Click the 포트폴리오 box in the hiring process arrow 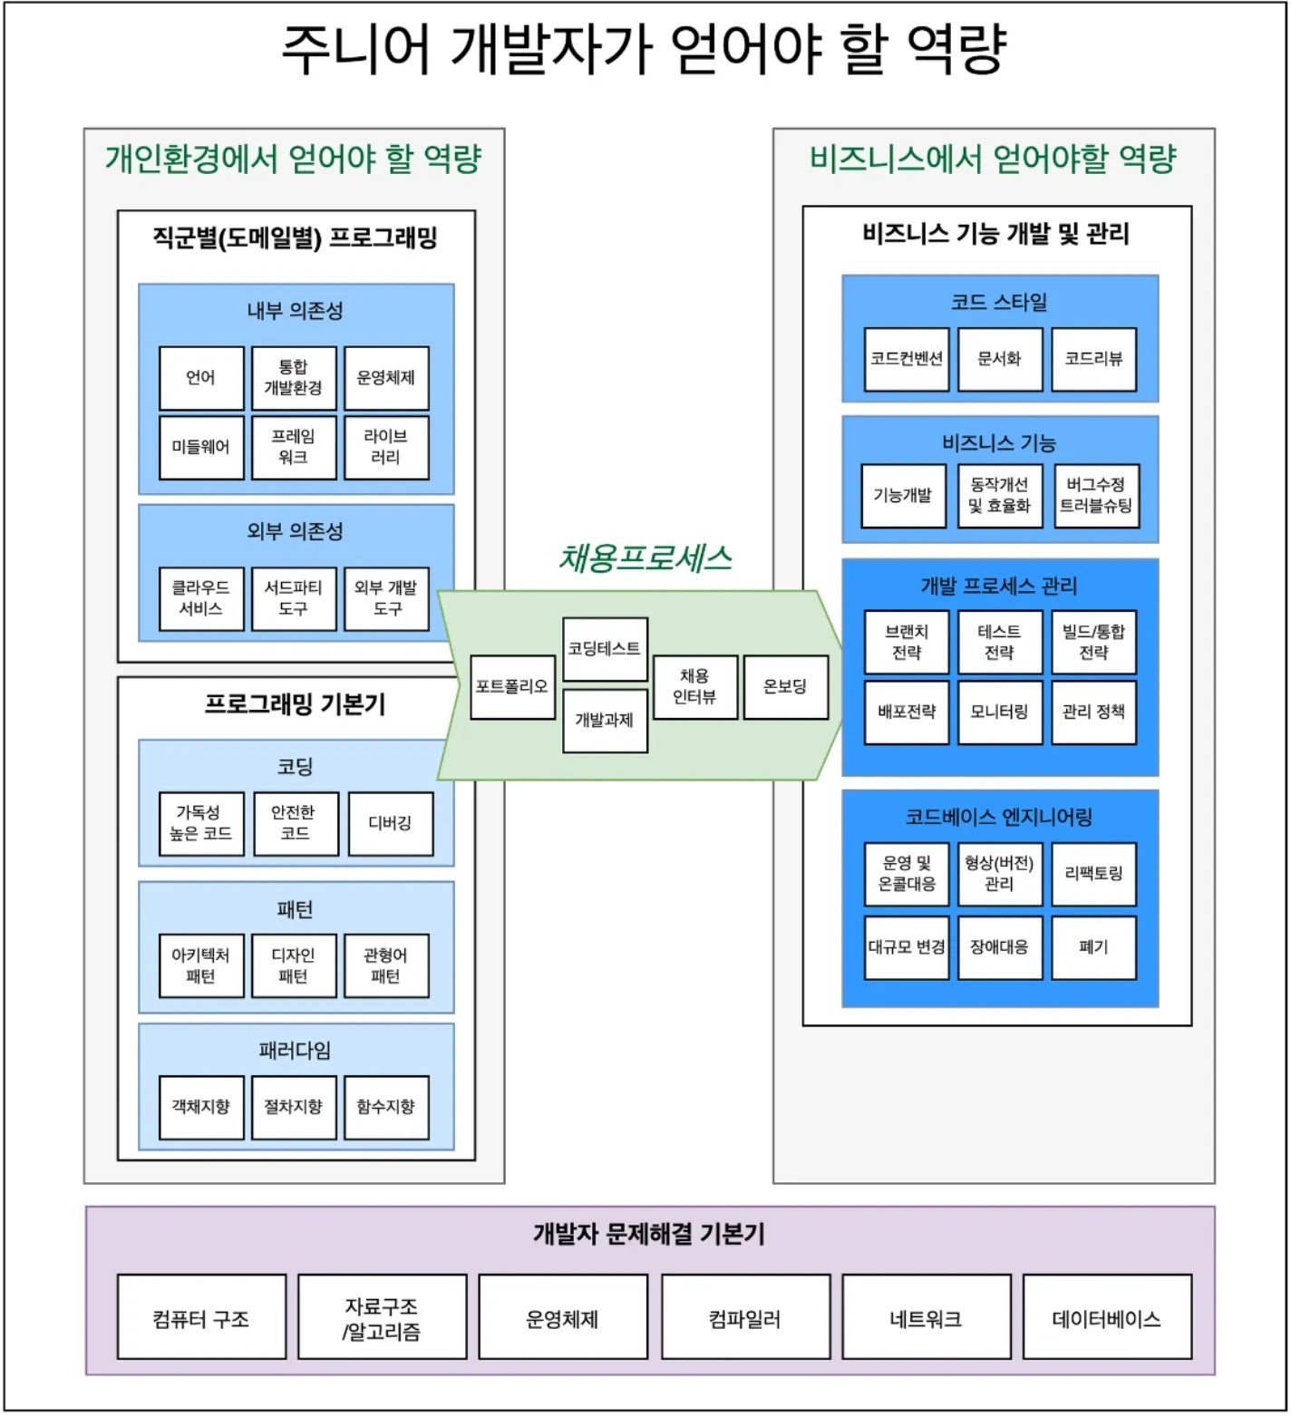tap(512, 687)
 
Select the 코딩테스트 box tap(605, 648)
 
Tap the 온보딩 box tap(785, 687)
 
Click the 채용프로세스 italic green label tap(645, 558)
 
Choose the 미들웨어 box tap(201, 447)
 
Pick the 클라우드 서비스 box tap(201, 598)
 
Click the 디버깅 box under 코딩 tap(390, 823)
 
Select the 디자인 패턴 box tap(294, 965)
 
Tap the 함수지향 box tap(386, 1107)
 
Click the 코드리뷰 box tap(1093, 359)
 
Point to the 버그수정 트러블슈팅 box tap(1096, 495)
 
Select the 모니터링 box tap(999, 713)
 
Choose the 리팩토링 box tap(1093, 873)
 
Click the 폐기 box tap(1093, 947)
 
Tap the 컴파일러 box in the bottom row tap(745, 1318)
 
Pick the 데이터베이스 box tap(1107, 1318)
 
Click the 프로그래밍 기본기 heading tap(296, 703)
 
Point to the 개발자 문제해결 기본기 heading tap(649, 1234)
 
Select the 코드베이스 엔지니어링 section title tap(999, 817)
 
